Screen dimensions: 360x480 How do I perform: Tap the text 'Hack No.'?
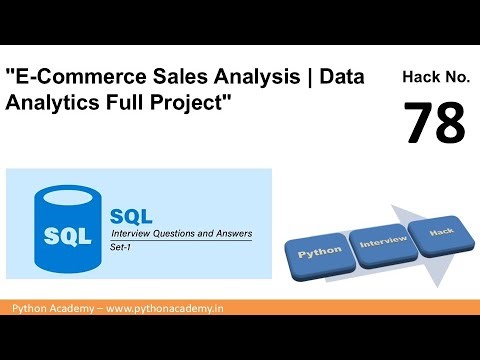pyautogui.click(x=435, y=76)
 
